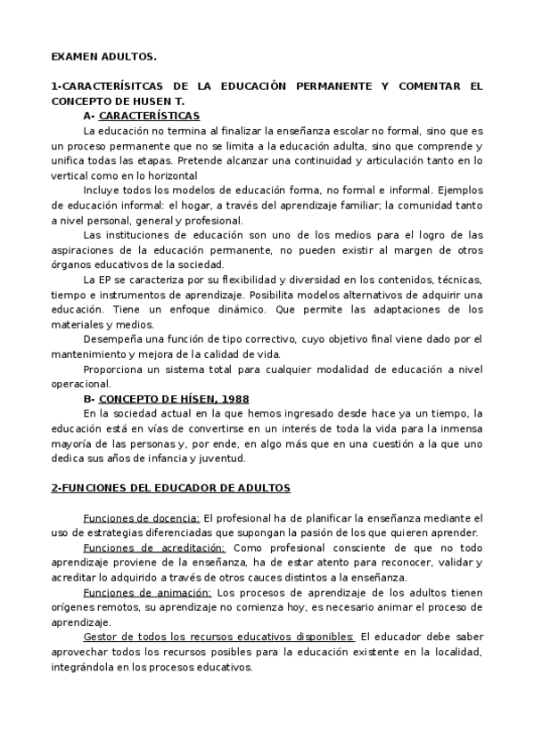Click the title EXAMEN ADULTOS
click(103, 57)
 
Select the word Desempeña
click(111, 339)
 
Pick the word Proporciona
click(114, 369)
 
